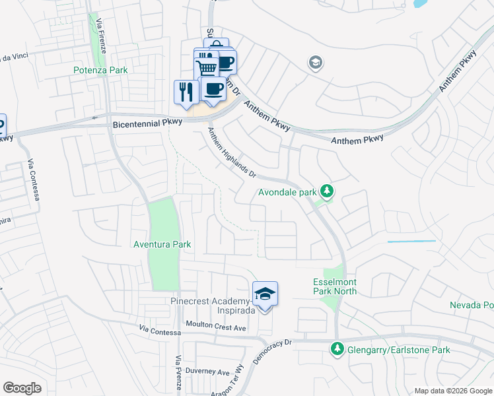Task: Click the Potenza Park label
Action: pyautogui.click(x=100, y=70)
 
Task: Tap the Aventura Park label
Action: pyautogui.click(x=162, y=244)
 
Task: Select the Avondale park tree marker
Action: pyautogui.click(x=326, y=192)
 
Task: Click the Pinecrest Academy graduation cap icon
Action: pyautogui.click(x=265, y=294)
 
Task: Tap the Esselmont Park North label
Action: pyautogui.click(x=335, y=286)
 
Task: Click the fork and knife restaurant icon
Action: pyautogui.click(x=186, y=91)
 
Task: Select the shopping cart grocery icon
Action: pyautogui.click(x=206, y=67)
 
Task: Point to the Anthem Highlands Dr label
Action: pyautogui.click(x=232, y=153)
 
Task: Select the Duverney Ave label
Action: pyautogui.click(x=207, y=371)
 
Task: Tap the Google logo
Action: pyautogui.click(x=22, y=388)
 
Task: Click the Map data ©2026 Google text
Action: pyautogui.click(x=452, y=391)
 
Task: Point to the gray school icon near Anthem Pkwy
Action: pyautogui.click(x=315, y=63)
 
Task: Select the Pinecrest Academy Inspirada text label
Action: pyautogui.click(x=208, y=306)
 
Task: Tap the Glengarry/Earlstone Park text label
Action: pyautogui.click(x=399, y=350)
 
